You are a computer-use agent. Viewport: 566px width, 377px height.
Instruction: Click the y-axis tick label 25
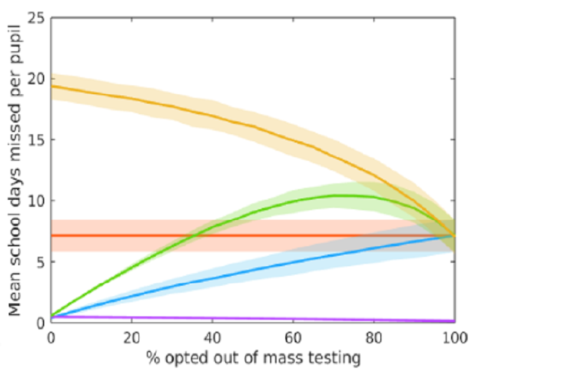click(x=37, y=18)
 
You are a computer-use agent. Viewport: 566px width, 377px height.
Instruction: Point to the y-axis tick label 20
click(x=37, y=79)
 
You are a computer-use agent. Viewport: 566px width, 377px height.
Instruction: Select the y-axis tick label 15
click(x=37, y=140)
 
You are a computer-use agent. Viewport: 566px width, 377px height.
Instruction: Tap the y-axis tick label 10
click(x=37, y=201)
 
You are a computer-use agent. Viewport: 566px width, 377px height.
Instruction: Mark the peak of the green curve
click(x=337, y=195)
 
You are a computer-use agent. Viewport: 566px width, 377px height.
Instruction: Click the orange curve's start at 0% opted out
click(x=51, y=86)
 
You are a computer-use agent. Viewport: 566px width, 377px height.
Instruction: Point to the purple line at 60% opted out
click(x=292, y=319)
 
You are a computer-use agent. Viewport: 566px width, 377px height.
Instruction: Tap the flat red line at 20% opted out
click(x=131, y=236)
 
